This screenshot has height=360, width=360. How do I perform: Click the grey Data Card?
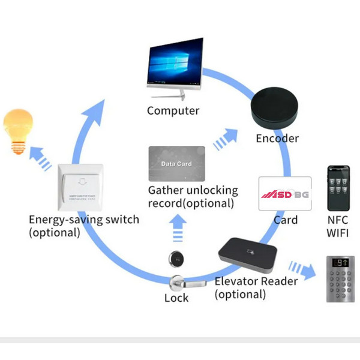pyautogui.click(x=176, y=164)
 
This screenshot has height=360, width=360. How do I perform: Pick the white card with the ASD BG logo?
pyautogui.click(x=284, y=193)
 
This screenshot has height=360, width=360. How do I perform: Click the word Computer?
pyautogui.click(x=173, y=110)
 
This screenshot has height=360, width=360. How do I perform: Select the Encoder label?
pyautogui.click(x=277, y=139)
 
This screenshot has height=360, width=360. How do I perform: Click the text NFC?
pyautogui.click(x=338, y=219)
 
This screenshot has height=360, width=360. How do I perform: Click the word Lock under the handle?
pyautogui.click(x=176, y=298)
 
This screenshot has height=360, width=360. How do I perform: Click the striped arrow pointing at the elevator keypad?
pyautogui.click(x=301, y=268)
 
